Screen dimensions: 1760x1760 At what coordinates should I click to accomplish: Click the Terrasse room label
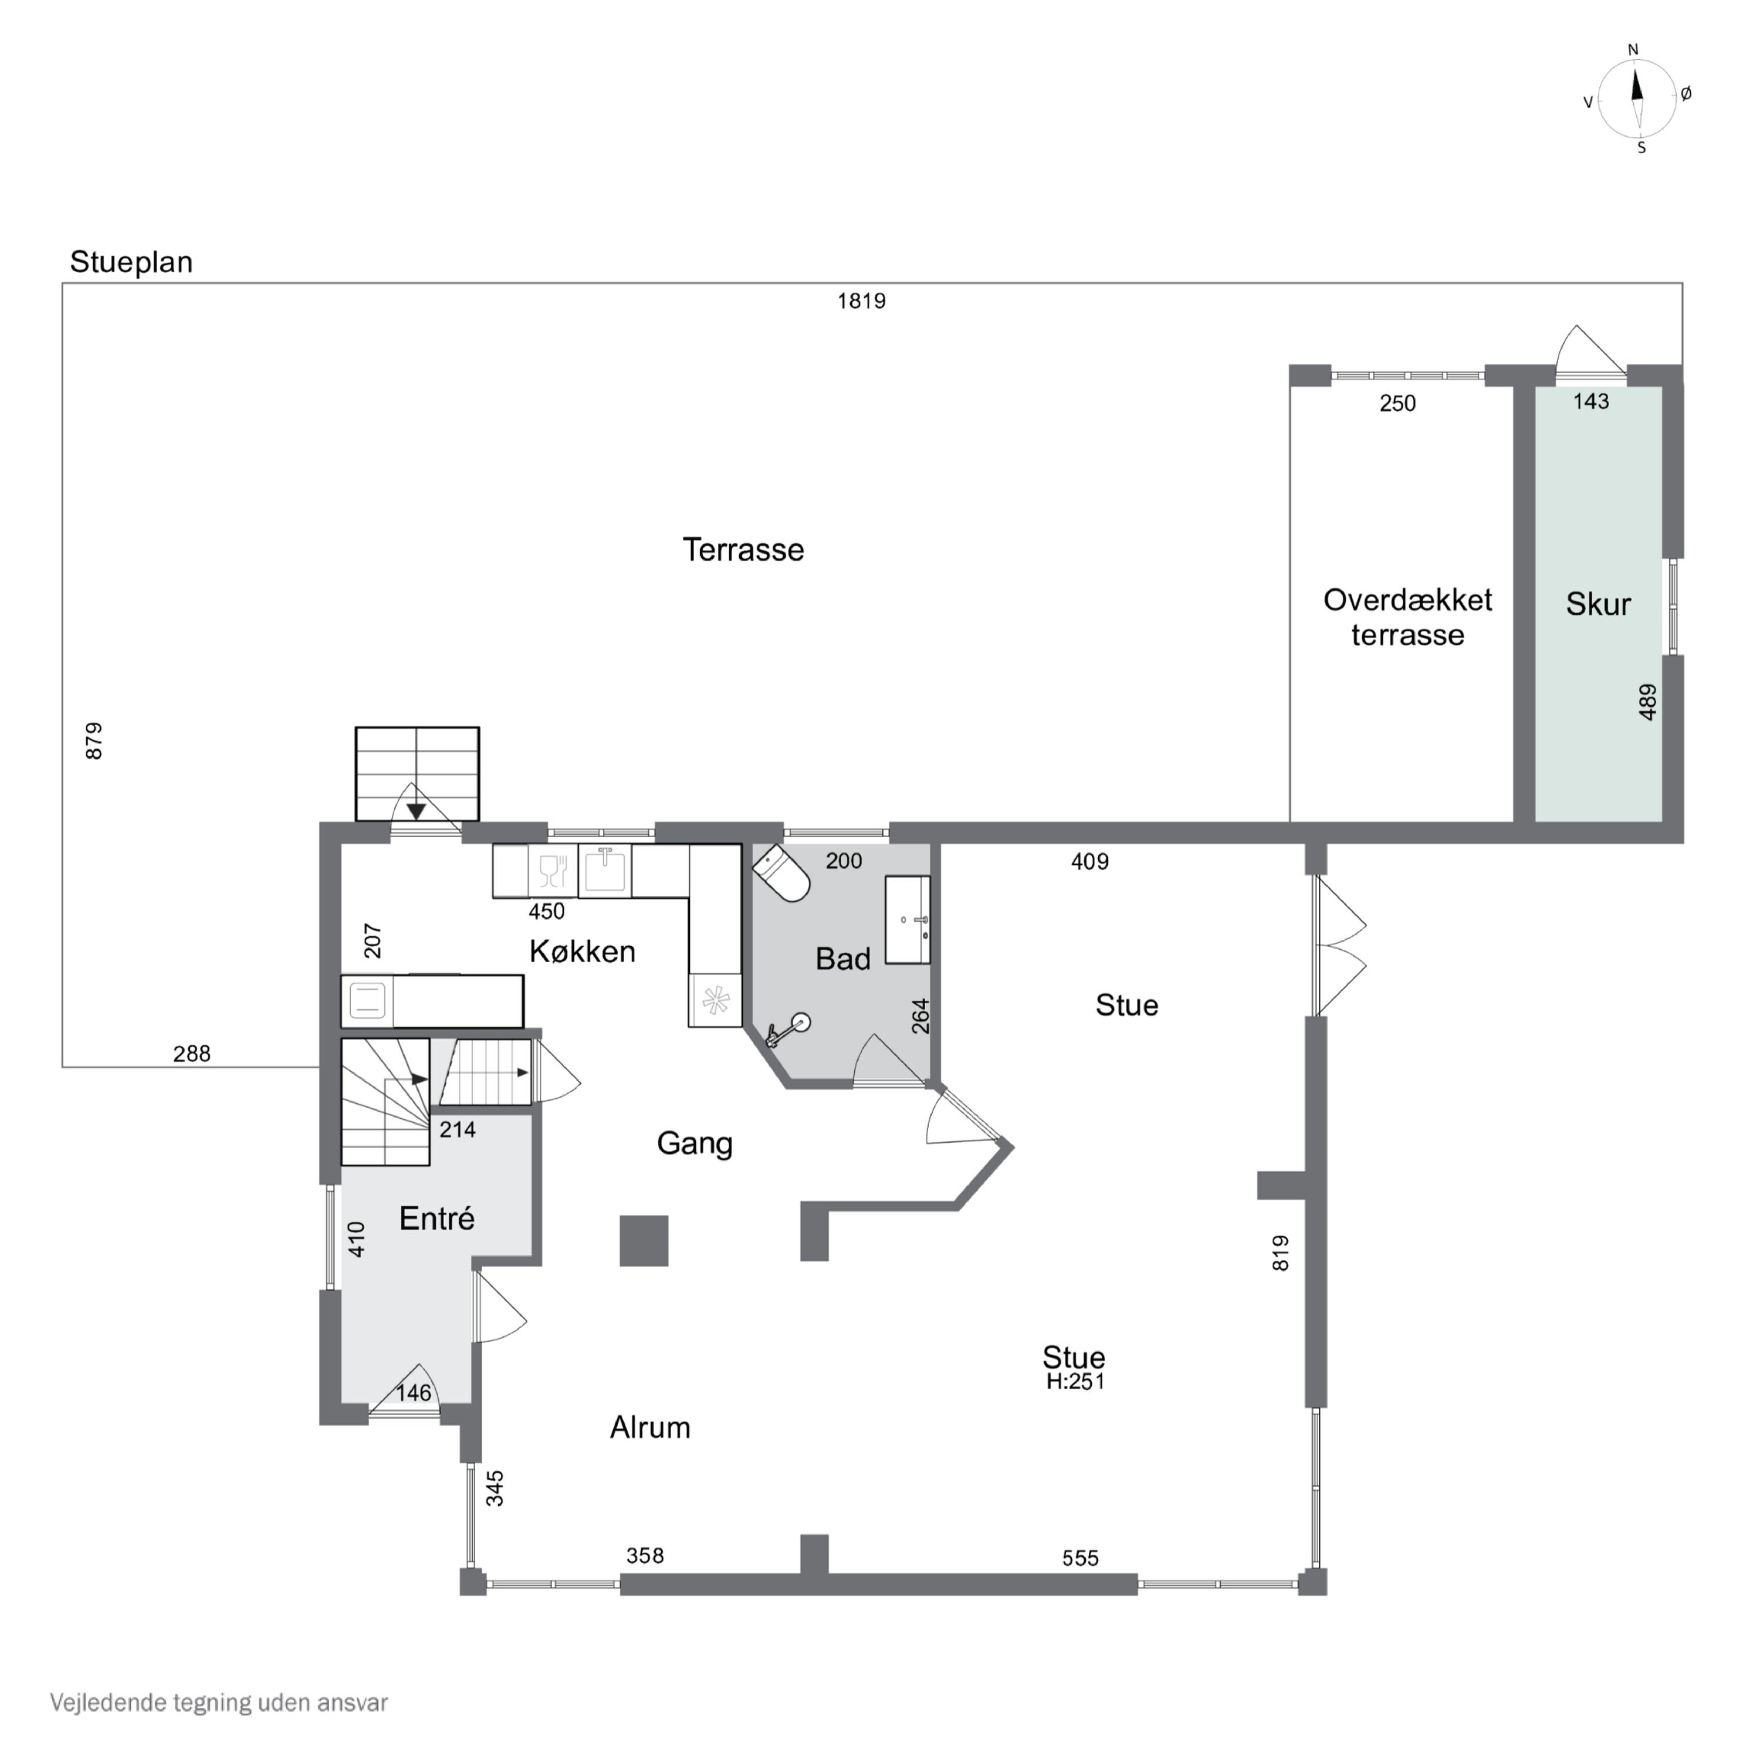coord(743,550)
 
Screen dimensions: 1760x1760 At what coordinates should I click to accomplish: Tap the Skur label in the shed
coord(1598,604)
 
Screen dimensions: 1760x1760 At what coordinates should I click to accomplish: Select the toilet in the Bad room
coord(781,873)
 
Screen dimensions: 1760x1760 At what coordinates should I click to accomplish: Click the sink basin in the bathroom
coord(908,920)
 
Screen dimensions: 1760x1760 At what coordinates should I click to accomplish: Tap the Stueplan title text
coord(131,262)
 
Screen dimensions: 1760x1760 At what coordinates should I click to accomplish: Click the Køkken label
coord(582,952)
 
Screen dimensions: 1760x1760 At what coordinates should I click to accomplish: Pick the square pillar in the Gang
coord(644,1241)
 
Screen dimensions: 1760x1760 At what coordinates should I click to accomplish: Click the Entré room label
coord(437,1219)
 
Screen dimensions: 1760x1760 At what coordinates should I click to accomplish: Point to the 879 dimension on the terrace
coord(94,740)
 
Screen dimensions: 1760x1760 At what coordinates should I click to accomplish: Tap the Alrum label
coord(651,1427)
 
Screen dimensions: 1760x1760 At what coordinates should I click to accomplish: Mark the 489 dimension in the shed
coord(1647,702)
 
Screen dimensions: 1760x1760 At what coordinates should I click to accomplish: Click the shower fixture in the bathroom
coord(788,1030)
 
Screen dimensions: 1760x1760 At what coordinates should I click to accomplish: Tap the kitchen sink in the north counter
coord(605,871)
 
